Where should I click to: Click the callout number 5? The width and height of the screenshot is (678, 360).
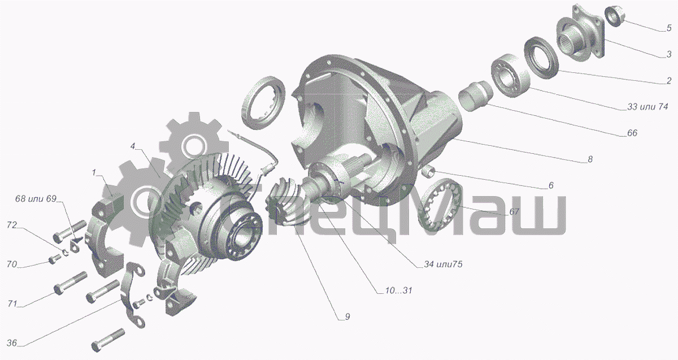(669, 28)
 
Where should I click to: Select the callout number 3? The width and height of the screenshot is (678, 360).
(669, 54)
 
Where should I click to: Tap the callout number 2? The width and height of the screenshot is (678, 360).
(669, 80)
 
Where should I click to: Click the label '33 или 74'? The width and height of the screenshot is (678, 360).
(647, 107)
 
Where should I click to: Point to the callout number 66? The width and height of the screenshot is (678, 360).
(632, 133)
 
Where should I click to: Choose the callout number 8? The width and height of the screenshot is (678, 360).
(590, 159)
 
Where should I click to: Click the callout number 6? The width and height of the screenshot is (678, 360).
(551, 185)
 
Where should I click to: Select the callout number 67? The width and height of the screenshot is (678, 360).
(514, 211)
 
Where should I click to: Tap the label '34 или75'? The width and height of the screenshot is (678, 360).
(443, 264)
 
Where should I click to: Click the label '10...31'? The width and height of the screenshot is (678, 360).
(399, 290)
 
